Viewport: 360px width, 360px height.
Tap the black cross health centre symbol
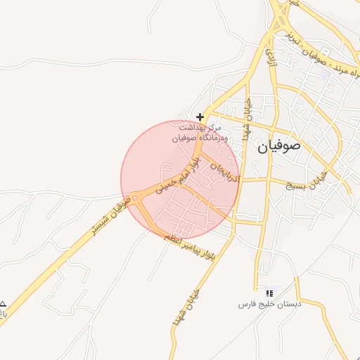(200, 117)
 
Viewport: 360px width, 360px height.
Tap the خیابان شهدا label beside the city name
(247, 120)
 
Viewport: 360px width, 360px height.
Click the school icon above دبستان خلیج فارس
(269, 292)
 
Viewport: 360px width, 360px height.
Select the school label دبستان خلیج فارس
(270, 304)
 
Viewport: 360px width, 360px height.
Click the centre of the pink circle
(181, 179)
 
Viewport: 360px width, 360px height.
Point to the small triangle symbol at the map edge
(3, 302)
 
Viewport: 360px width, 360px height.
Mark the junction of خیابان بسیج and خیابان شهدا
(241, 180)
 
